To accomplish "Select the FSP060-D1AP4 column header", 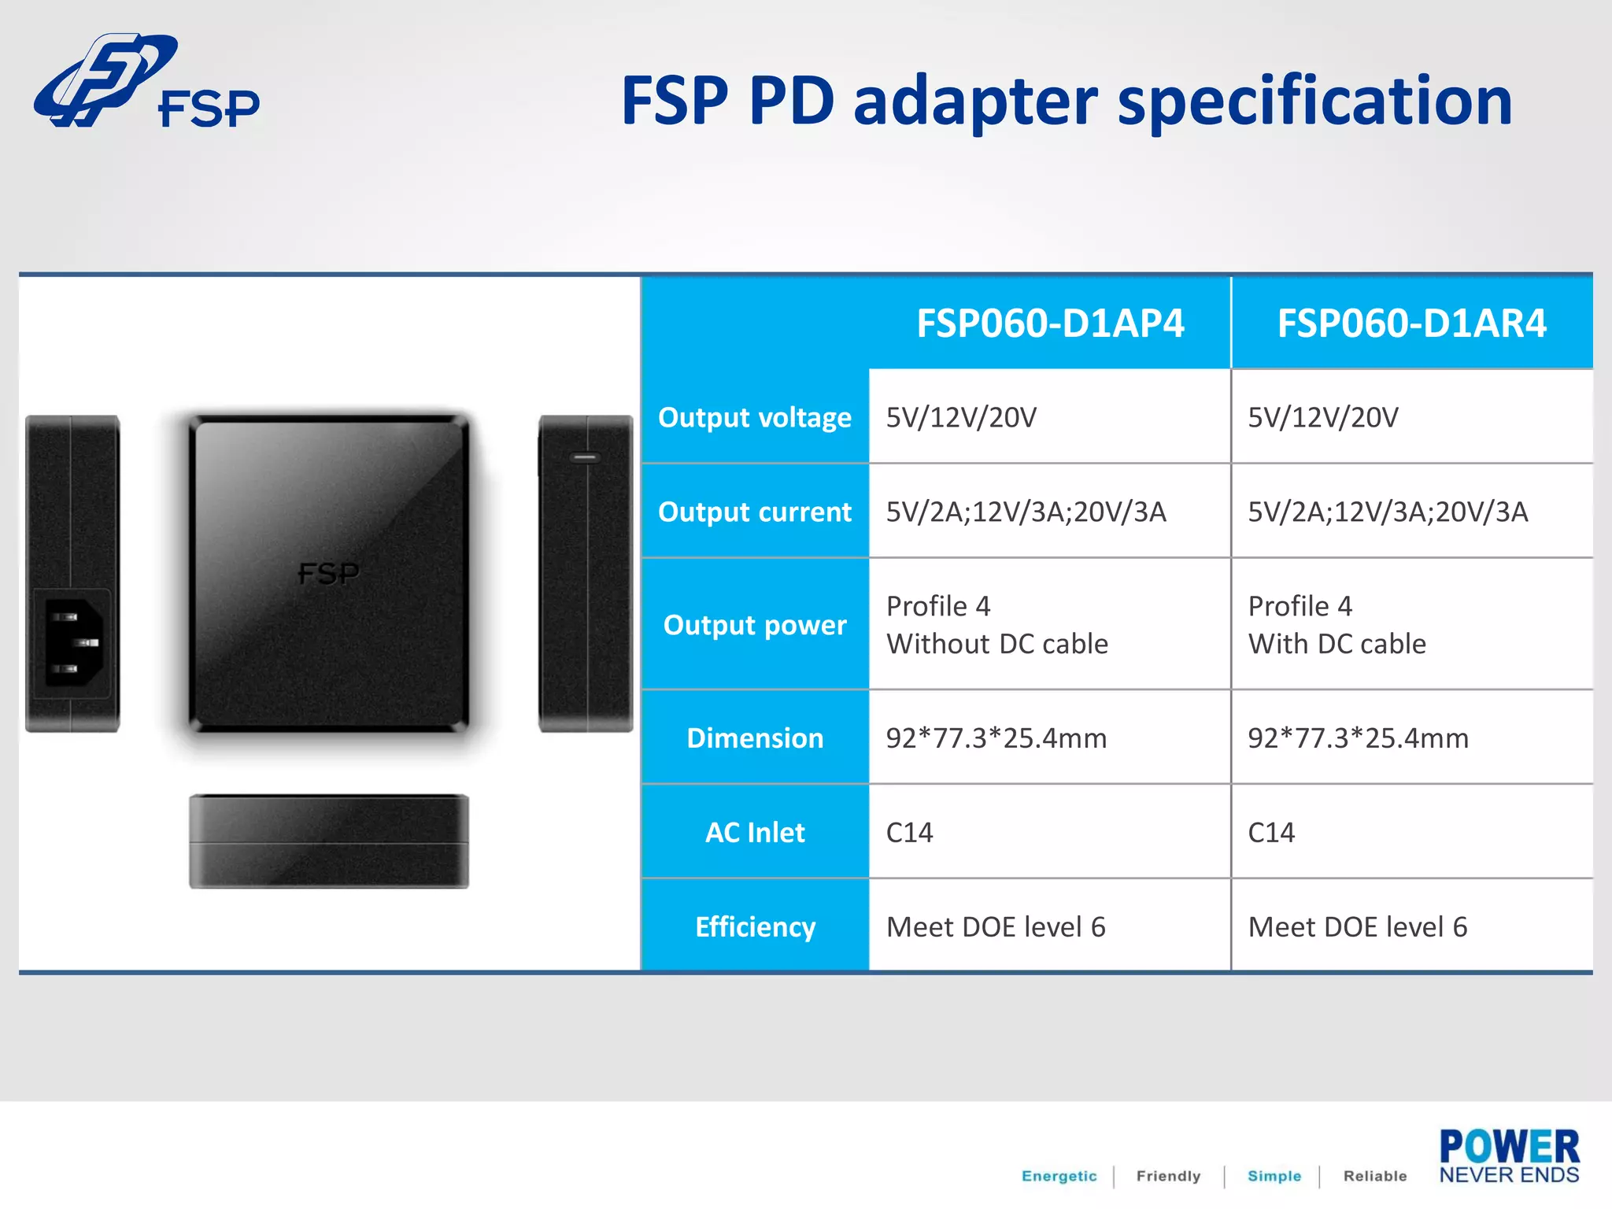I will point(1049,324).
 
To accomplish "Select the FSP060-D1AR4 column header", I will point(1411,324).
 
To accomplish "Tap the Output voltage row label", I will point(754,417).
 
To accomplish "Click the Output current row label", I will point(754,512).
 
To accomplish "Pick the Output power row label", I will point(754,625).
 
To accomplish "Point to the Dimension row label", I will point(754,738).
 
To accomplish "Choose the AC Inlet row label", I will point(754,833).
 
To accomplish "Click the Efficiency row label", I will point(754,927).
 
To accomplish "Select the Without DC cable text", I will point(996,645).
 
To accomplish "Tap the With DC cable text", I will point(1337,645).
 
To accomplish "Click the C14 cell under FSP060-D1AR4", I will point(1271,833).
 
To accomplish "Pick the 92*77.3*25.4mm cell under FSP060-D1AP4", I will point(996,738).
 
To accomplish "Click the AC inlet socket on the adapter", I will point(73,642).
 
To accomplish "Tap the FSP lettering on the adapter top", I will point(328,573).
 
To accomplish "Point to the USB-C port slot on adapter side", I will point(584,457).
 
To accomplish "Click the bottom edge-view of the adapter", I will point(328,841).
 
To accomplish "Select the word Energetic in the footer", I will point(1059,1176).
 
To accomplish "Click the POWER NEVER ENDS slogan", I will point(1508,1156).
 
